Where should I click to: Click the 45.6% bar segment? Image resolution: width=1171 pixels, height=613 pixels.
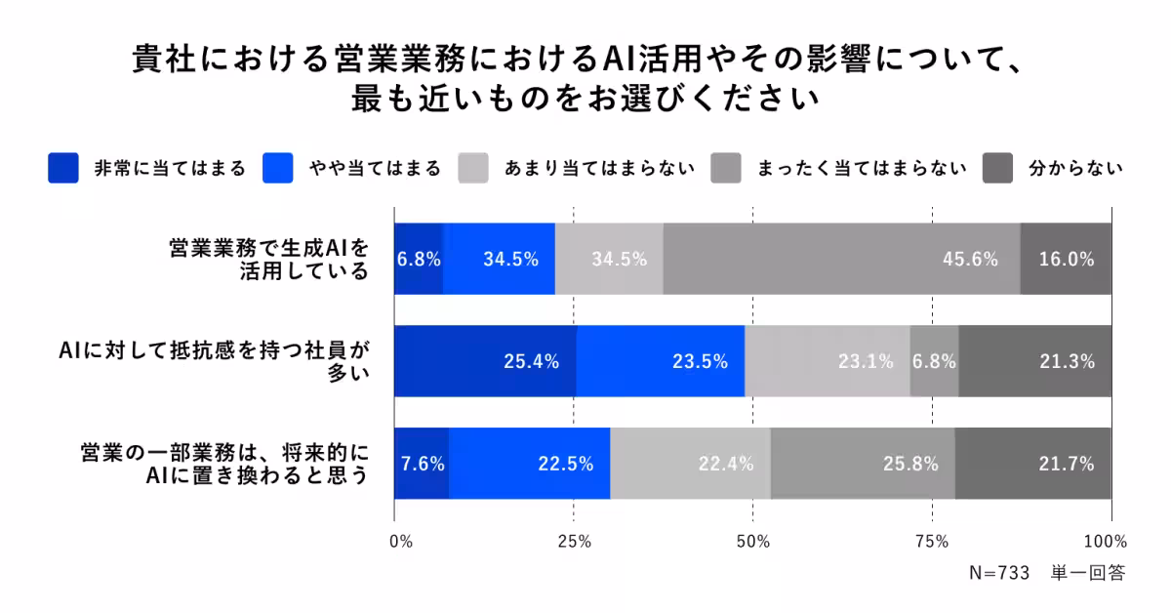[x=841, y=259]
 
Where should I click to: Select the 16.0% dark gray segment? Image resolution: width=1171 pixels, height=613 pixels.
[x=1066, y=259]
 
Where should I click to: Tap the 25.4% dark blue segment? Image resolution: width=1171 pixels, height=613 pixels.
[x=485, y=361]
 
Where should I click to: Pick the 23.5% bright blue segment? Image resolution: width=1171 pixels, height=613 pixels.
[x=661, y=361]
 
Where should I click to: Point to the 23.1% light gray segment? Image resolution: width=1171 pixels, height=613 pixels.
[x=828, y=361]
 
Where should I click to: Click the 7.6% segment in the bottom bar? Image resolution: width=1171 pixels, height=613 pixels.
[x=422, y=464]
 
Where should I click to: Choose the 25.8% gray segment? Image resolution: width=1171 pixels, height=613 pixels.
[x=863, y=464]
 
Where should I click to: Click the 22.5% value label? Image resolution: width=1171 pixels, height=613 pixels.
[x=566, y=465]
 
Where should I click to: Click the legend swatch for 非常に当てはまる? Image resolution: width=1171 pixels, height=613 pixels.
[x=62, y=168]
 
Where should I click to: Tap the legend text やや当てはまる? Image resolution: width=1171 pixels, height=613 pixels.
[x=374, y=168]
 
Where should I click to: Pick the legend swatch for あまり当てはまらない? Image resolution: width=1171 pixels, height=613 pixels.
[x=472, y=168]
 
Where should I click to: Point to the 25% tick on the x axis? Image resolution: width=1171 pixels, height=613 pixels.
[x=574, y=542]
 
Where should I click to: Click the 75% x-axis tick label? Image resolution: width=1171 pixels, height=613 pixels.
[x=933, y=542]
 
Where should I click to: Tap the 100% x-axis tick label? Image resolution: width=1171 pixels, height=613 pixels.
[x=1106, y=542]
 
